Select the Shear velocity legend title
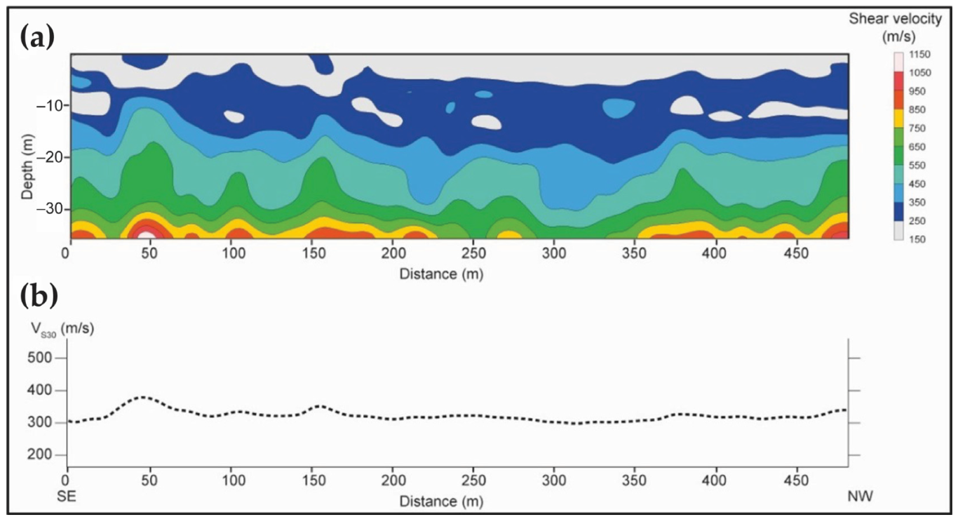point(905,26)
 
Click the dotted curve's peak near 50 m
point(142,397)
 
